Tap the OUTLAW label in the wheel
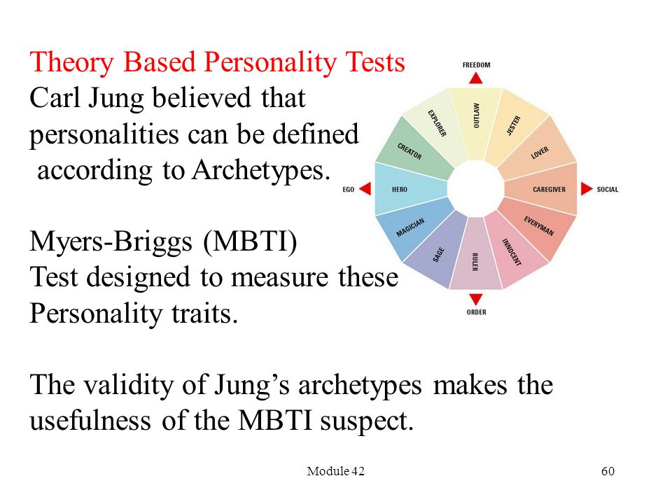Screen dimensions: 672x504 point(476,115)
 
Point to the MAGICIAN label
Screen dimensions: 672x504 point(410,227)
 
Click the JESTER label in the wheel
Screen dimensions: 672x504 point(513,125)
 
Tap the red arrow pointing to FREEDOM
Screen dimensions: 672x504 point(476,78)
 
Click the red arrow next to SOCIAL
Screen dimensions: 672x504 point(587,188)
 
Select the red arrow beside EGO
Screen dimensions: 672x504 point(365,188)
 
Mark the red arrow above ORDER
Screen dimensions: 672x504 point(476,299)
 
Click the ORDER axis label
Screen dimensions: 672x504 point(477,312)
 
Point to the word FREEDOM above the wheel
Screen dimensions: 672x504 point(476,64)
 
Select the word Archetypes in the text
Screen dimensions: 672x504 point(261,171)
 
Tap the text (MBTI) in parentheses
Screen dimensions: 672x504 point(251,241)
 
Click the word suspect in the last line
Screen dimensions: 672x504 point(367,421)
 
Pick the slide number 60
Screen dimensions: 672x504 point(608,471)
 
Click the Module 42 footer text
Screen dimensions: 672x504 point(335,471)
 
